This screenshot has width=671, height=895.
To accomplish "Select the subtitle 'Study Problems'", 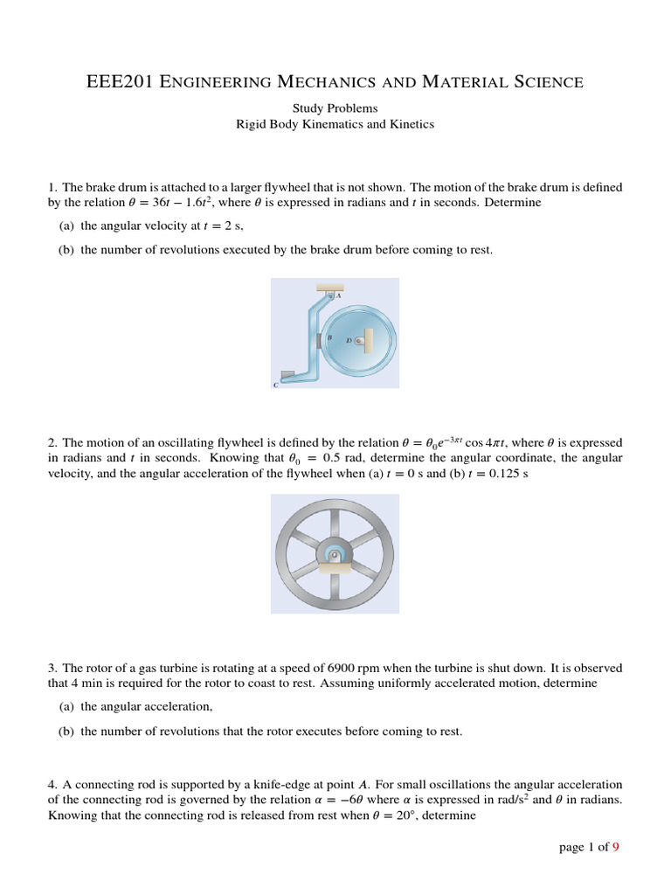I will pos(335,108).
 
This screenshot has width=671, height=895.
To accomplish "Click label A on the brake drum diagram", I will pos(338,295).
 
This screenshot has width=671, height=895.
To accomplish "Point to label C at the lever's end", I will pos(276,385).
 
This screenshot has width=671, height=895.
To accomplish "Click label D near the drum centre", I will pos(349,340).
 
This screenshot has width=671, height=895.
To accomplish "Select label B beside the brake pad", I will pos(330,337).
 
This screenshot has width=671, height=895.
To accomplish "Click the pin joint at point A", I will pos(330,296).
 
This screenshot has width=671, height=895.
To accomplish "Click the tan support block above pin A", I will pos(330,287).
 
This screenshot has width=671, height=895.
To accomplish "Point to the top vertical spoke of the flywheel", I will pos(335,524).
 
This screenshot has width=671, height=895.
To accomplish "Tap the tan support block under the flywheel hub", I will pos(335,568).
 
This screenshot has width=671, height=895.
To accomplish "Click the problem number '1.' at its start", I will pos(52,188).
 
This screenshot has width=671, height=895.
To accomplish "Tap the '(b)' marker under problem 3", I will pos(66,732).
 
